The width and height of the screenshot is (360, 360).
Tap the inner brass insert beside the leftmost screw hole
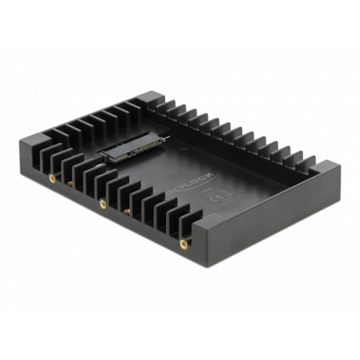(x=70, y=183)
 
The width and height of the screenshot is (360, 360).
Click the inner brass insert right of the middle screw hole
(x=124, y=210)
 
